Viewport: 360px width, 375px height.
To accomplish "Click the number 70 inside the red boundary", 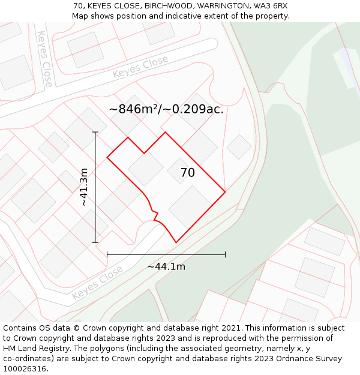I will tap(188, 173).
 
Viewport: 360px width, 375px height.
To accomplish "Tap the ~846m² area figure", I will tap(135, 109).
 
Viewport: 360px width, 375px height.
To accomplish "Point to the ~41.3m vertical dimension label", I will tap(84, 187).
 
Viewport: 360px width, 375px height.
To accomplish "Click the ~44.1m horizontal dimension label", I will tap(166, 266).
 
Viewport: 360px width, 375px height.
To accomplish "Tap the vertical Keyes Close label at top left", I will tap(44, 59).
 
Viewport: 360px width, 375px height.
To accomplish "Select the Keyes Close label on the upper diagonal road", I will tap(140, 67).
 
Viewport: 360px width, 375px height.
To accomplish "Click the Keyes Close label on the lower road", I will tap(97, 282).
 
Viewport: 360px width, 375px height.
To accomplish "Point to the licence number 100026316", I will tap(25, 368).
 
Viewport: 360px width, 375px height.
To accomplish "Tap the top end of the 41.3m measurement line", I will tap(95, 132).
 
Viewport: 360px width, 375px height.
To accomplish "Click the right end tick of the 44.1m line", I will tap(225, 254).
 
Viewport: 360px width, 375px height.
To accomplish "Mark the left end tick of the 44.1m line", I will tap(107, 254).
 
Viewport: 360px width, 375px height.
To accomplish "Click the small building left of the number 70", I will tap(146, 169).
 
